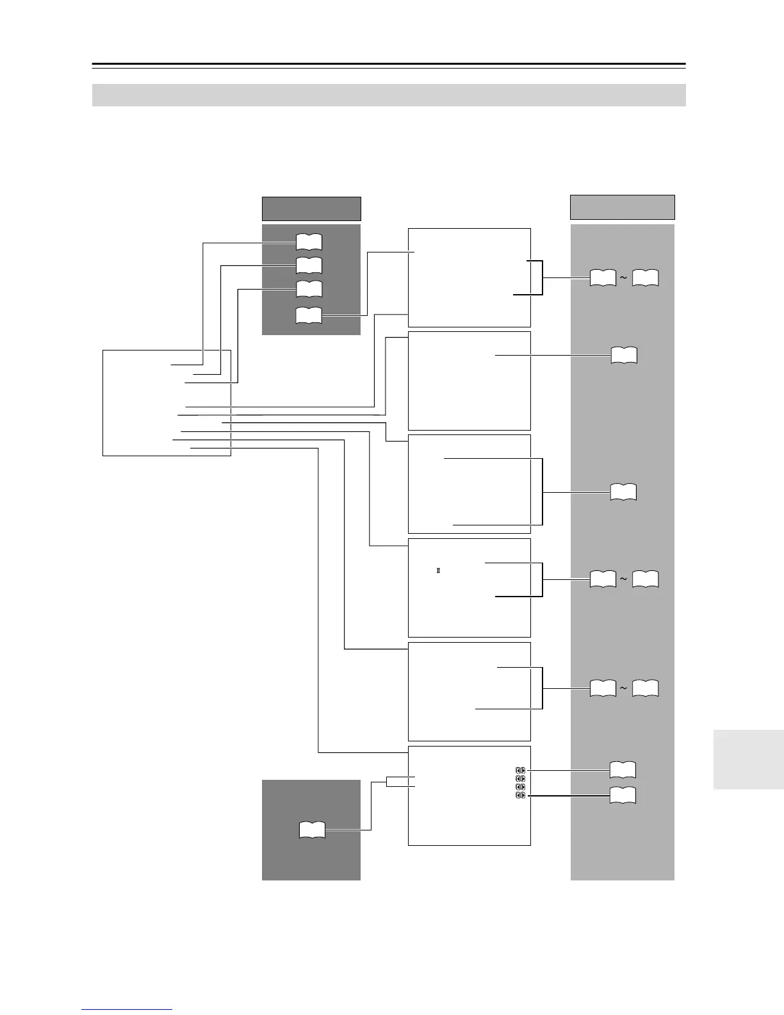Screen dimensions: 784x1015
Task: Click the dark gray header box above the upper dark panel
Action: click(311, 209)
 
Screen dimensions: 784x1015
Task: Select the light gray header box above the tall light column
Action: click(622, 207)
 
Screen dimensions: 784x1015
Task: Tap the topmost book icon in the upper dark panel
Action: click(309, 242)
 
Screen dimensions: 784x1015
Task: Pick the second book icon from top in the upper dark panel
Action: click(309, 265)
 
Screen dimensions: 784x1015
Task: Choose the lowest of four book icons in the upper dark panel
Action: click(309, 315)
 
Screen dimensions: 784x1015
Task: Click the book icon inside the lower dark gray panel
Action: click(312, 830)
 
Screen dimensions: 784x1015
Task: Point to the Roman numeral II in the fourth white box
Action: click(438, 570)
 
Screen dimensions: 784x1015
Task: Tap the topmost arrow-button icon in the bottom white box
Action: click(520, 770)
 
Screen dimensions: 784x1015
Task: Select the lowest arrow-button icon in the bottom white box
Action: click(520, 795)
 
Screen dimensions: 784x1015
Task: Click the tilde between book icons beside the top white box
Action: click(623, 277)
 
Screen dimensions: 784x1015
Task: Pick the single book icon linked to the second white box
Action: click(624, 355)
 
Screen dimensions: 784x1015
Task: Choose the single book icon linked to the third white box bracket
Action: click(623, 492)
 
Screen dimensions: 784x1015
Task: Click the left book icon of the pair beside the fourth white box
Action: click(602, 580)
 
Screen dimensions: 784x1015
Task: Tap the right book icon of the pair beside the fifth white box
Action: click(645, 689)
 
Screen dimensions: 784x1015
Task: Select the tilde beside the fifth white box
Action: click(623, 689)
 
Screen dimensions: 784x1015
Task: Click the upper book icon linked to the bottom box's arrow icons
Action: click(623, 770)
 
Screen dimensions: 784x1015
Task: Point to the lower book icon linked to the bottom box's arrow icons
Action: click(623, 795)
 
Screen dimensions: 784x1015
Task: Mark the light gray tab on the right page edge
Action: click(747, 759)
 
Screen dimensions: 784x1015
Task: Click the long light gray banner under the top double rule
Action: click(389, 95)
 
